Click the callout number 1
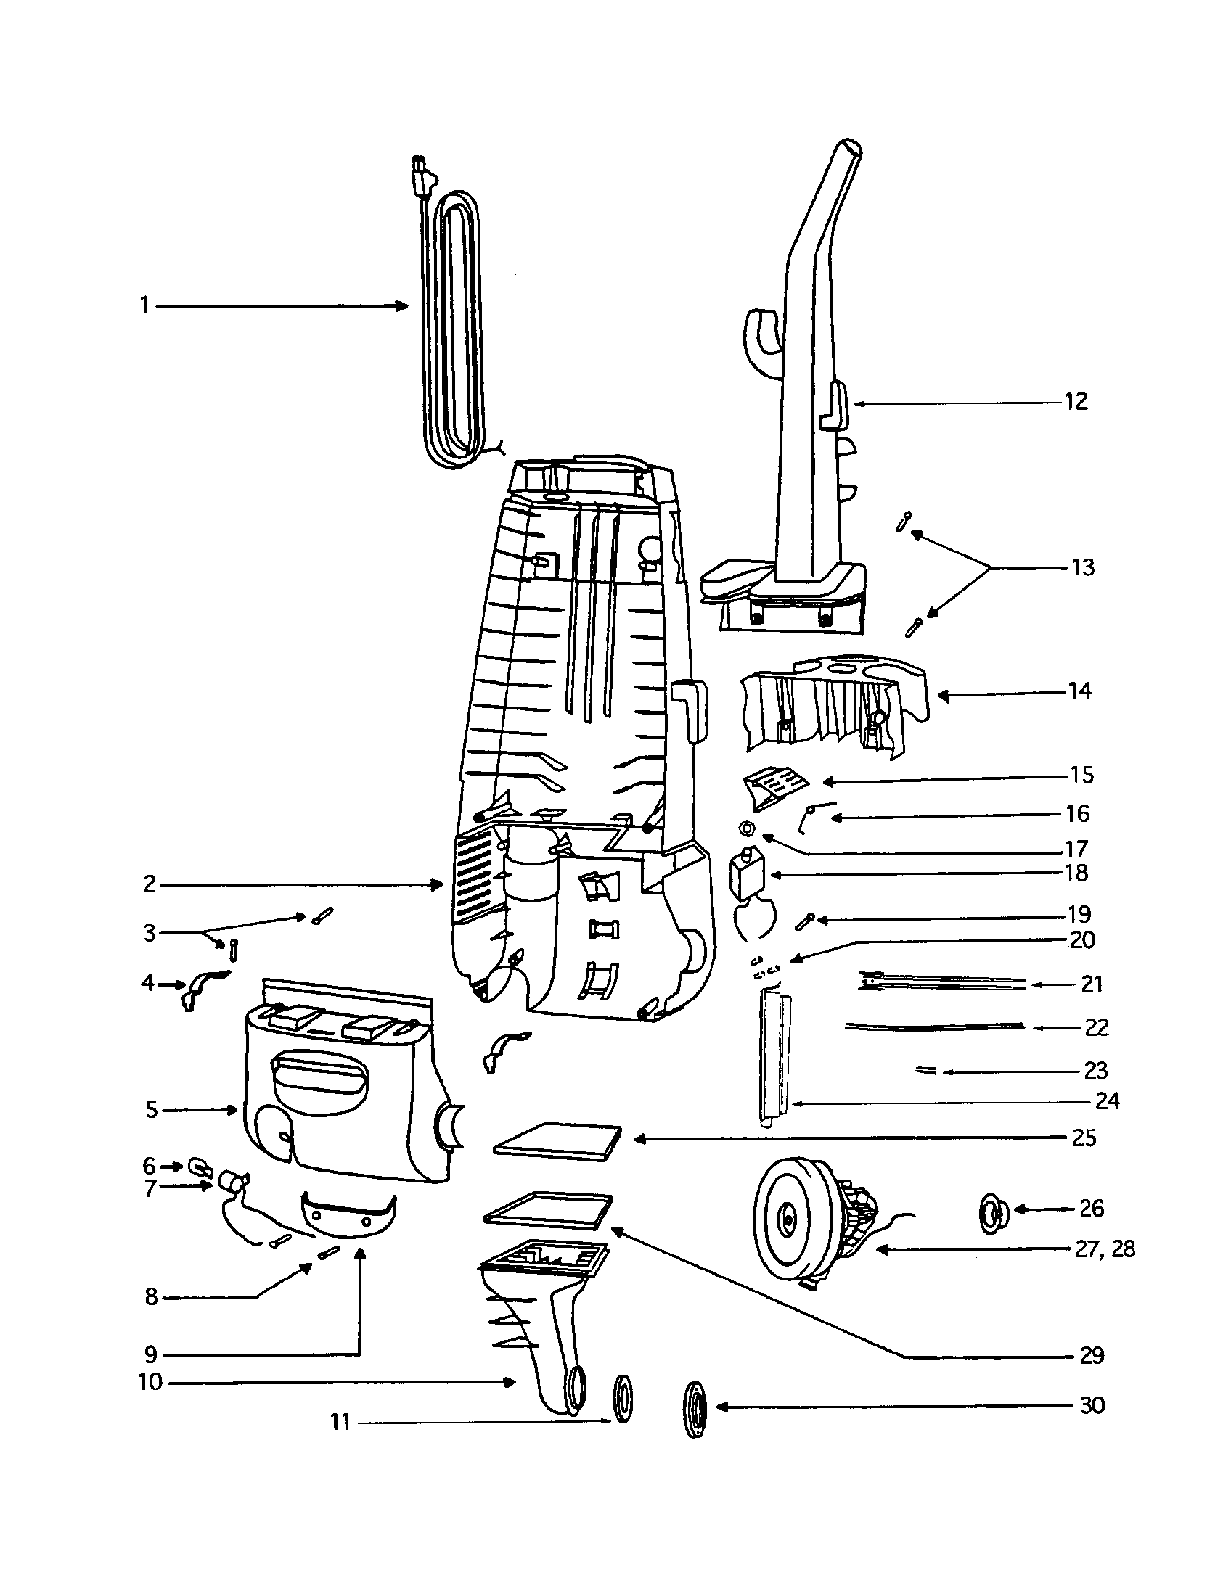(144, 305)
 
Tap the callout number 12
(1075, 401)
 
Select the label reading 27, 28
(1105, 1249)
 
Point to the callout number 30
(1092, 1405)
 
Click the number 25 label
(1084, 1138)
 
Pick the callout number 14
(1079, 691)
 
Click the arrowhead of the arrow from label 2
(439, 885)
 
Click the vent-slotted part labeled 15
(777, 786)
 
